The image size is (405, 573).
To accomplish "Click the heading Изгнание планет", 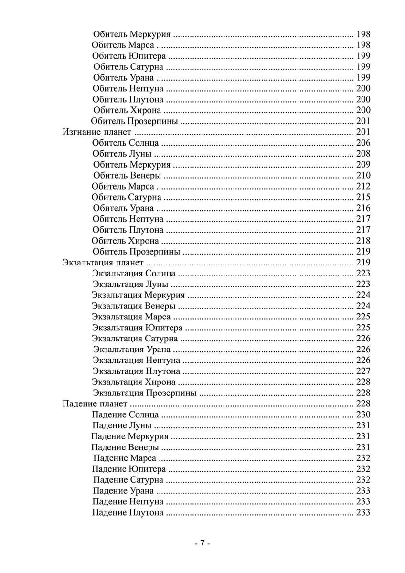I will (96, 132).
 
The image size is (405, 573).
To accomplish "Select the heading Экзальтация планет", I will (103, 263).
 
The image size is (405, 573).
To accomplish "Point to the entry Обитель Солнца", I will (126, 143).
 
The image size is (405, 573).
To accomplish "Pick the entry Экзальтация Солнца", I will (134, 274).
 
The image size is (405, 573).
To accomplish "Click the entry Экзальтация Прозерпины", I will (145, 393).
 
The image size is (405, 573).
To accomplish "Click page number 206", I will (363, 143).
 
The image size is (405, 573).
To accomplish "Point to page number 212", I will (363, 186).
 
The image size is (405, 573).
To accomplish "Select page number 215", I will (363, 197).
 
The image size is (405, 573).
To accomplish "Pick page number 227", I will (363, 371).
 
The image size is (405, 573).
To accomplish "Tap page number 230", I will (363, 415).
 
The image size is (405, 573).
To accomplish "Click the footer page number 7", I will (202, 544).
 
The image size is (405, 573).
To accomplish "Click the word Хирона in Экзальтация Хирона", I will (160, 382).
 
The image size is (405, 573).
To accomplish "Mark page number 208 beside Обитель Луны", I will (363, 154).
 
